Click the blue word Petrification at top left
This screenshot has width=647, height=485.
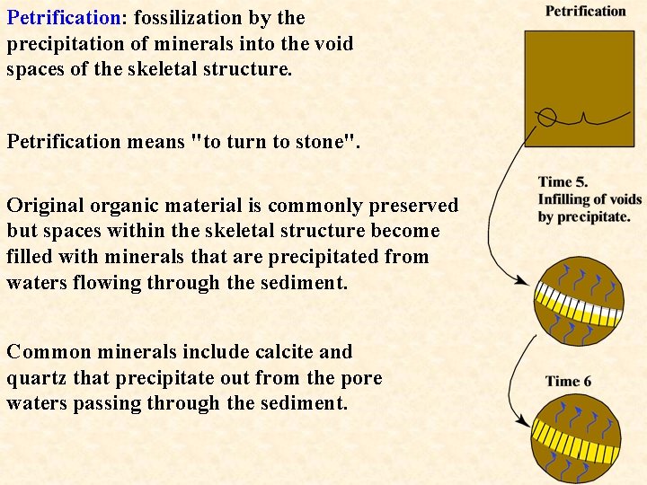[64, 18]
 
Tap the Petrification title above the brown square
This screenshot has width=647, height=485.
[585, 12]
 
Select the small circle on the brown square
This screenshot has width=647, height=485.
[547, 117]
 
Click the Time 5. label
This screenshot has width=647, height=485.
[563, 182]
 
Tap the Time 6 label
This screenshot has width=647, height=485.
[568, 381]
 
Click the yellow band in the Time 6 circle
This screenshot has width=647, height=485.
[578, 442]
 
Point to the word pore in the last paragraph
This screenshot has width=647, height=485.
[362, 378]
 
